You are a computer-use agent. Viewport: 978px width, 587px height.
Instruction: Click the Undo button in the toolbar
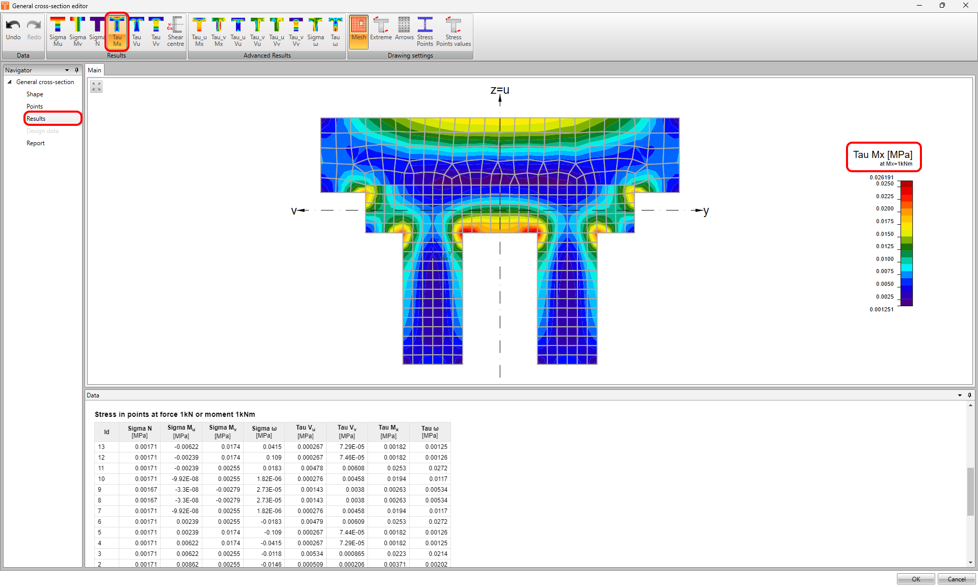coord(13,30)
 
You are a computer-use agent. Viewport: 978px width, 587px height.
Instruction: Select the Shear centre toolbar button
coord(175,32)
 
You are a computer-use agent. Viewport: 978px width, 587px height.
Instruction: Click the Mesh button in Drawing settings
coord(359,32)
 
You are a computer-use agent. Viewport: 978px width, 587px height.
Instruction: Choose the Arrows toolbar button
coord(404,30)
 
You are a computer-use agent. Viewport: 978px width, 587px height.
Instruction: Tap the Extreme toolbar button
coord(381,30)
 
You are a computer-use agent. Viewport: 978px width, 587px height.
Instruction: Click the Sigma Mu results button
coord(58,32)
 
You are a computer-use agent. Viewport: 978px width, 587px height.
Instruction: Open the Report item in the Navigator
coord(36,143)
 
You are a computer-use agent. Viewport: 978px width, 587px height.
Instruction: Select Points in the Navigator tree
coord(35,106)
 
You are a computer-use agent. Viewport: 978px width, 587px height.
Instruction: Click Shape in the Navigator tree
coord(35,94)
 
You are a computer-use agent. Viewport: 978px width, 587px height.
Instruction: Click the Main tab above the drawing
coord(95,70)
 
